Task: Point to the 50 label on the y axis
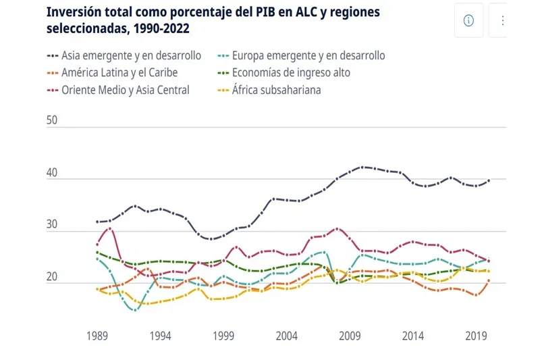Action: [x=53, y=120]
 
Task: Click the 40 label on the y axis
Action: [x=53, y=173]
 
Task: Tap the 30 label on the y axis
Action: [x=53, y=226]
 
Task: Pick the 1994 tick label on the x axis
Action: [x=160, y=335]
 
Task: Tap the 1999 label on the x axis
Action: [x=223, y=335]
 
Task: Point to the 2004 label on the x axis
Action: [x=287, y=335]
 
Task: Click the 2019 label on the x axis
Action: [x=477, y=335]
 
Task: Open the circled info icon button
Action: [x=468, y=20]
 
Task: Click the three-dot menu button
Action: [x=502, y=20]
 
